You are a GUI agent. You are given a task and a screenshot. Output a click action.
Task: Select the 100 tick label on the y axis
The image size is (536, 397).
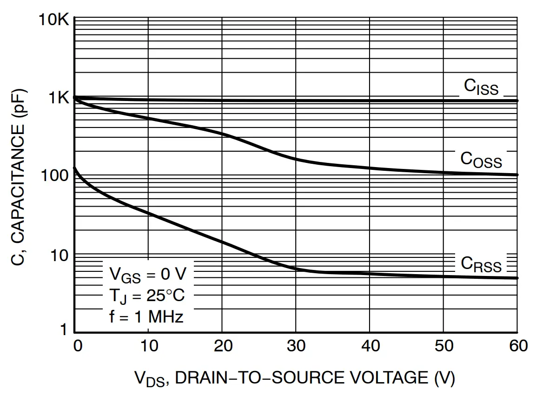coord(55,176)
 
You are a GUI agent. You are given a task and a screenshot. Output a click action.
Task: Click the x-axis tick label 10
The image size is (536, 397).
coord(148,346)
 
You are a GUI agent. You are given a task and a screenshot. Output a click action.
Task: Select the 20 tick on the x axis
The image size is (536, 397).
coord(222,346)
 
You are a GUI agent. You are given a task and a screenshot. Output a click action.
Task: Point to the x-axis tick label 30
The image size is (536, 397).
coord(296,346)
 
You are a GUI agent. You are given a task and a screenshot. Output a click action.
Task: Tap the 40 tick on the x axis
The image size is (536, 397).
coord(370,346)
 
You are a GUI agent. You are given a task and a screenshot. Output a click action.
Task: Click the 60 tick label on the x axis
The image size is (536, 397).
coord(517,346)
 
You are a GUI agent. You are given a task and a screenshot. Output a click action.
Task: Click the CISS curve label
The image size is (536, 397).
coord(481,87)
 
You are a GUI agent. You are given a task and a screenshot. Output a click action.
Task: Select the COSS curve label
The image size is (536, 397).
coord(481,159)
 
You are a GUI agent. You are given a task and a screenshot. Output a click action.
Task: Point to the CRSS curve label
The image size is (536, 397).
coord(481,264)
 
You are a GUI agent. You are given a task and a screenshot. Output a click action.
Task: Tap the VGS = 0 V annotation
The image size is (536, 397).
coord(147,274)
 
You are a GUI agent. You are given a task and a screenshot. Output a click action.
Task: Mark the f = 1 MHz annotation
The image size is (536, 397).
coord(146,317)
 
